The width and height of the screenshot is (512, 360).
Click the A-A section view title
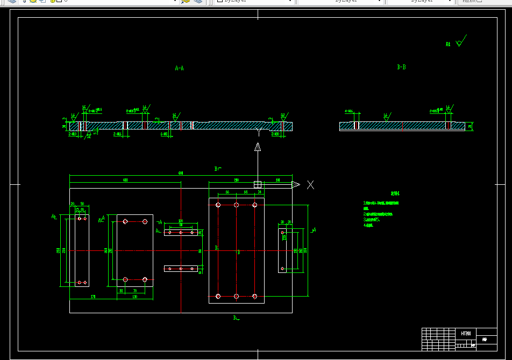[x=180, y=68]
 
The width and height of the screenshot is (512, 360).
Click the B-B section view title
[x=401, y=67]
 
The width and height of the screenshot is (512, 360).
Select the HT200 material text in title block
[x=466, y=334]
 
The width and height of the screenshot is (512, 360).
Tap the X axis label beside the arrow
[x=310, y=185]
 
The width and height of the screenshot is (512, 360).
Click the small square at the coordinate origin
[x=258, y=184]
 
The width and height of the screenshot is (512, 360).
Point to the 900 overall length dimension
[x=181, y=173]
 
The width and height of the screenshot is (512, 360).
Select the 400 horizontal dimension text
[x=125, y=179]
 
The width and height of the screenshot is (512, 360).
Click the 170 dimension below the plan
[x=93, y=297]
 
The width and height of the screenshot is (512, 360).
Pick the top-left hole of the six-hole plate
[x=218, y=205]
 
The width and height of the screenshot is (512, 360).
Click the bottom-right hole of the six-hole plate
[x=255, y=296]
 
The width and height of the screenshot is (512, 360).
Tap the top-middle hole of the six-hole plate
[x=236, y=205]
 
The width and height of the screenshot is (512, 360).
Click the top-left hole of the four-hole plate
[x=125, y=221]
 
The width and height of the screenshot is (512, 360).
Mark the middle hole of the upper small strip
[x=181, y=233]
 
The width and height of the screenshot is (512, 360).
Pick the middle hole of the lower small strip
[x=181, y=268]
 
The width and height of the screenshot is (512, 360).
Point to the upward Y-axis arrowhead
[x=258, y=147]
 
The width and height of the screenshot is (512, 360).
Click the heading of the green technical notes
[x=395, y=193]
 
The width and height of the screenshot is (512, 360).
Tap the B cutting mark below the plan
[x=236, y=318]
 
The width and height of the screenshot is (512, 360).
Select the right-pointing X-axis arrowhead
[x=295, y=184]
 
